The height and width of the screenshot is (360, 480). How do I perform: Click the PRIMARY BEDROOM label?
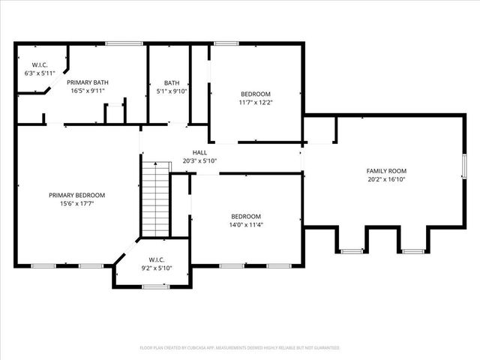(77, 195)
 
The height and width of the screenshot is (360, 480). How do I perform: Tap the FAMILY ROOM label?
(386, 171)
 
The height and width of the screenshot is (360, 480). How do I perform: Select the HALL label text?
(199, 152)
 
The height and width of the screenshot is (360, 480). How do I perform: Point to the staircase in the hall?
(156, 199)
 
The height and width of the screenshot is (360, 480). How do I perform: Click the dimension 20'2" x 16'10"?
(386, 179)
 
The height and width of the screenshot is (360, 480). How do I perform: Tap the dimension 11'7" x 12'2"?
(256, 102)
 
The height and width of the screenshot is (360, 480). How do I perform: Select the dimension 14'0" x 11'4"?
(247, 223)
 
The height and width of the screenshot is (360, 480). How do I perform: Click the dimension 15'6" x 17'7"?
(77, 204)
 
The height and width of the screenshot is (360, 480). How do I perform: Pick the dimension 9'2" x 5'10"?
(156, 268)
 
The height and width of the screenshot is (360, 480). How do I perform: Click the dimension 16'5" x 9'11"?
(88, 91)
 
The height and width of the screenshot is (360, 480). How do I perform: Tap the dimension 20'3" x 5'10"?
(199, 160)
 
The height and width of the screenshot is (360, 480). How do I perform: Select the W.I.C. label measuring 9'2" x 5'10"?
(156, 260)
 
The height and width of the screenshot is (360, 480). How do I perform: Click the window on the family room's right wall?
(463, 166)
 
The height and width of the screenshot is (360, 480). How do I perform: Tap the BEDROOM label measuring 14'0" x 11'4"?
(246, 215)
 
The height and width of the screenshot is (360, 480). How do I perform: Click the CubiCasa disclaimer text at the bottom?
(240, 348)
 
